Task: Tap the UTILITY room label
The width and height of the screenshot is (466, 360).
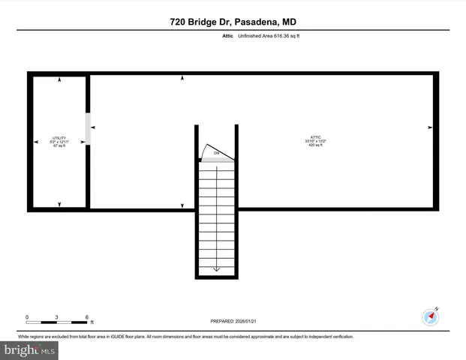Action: [x=59, y=138]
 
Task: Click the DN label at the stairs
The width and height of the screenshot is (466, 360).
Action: [x=216, y=154]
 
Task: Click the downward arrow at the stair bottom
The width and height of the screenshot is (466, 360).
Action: [x=216, y=268]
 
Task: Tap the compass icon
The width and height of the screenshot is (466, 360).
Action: [x=430, y=316]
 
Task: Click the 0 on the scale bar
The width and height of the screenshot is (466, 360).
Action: [x=27, y=317]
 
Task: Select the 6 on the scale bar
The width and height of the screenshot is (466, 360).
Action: [x=87, y=317]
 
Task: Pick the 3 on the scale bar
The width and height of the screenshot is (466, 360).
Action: [x=57, y=317]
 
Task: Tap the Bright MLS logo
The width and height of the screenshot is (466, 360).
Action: [x=30, y=349]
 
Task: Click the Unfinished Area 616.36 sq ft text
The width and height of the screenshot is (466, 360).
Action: [x=269, y=36]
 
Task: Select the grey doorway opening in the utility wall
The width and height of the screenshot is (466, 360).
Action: [x=88, y=129]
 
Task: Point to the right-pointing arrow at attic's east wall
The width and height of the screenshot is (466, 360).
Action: [x=430, y=127]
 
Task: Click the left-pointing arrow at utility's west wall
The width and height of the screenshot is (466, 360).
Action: [x=35, y=142]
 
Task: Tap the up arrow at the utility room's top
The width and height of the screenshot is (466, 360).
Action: [x=59, y=79]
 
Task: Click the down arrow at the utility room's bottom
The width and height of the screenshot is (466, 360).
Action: [x=59, y=204]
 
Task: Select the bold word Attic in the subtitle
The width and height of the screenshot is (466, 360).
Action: [x=226, y=36]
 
